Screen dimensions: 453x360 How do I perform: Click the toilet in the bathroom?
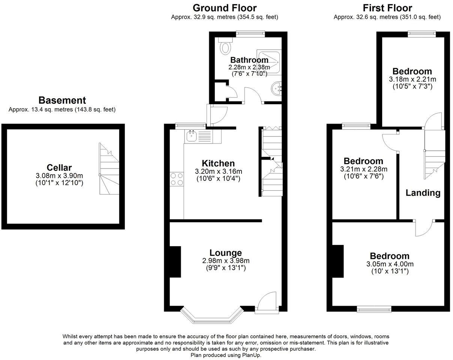(x=225, y=46)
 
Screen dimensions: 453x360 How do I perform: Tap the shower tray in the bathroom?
(x=268, y=63)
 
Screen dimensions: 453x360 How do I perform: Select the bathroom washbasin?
(x=276, y=88)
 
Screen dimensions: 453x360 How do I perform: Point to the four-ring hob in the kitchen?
(x=177, y=179)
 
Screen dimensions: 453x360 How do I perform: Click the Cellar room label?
(x=59, y=167)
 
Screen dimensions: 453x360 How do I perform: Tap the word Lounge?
(x=226, y=253)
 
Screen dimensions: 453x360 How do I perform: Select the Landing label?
(x=423, y=193)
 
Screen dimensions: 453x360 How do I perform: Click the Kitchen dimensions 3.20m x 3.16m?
(x=219, y=171)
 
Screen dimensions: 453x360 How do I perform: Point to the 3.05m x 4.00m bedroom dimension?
(x=390, y=264)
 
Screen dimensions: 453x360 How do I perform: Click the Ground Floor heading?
(x=225, y=8)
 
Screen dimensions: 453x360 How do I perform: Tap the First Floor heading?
(x=387, y=8)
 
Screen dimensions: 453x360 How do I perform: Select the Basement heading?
(x=62, y=100)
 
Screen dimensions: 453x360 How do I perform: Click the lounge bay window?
(x=212, y=317)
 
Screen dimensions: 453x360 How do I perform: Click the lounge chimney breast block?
(x=175, y=262)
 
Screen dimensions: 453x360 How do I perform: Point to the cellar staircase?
(x=109, y=169)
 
